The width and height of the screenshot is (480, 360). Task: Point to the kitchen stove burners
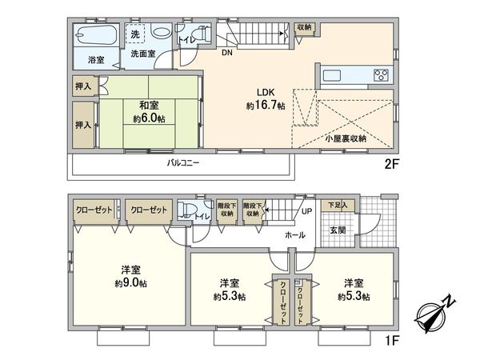click(379, 77)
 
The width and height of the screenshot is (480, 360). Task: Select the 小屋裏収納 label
click(345, 138)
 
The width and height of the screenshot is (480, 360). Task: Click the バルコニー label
click(183, 163)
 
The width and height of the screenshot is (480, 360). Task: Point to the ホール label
click(294, 236)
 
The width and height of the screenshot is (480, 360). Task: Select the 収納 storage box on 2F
click(304, 28)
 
